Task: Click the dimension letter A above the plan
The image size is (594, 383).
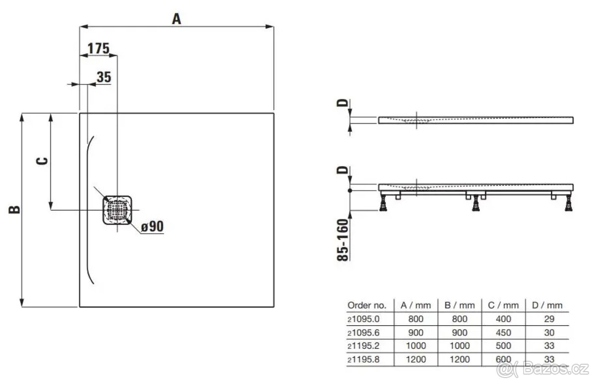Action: (177, 19)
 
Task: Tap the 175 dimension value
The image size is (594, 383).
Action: (99, 48)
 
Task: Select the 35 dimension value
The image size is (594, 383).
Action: (104, 77)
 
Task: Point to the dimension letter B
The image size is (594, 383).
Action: (14, 210)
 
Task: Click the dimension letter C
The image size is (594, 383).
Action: (42, 161)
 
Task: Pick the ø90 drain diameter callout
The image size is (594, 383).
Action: (152, 226)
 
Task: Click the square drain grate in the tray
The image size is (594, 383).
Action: (117, 210)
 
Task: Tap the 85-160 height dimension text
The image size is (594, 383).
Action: (343, 240)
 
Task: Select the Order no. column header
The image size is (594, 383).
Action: (367, 305)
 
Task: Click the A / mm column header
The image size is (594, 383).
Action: (415, 305)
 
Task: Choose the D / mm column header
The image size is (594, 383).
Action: (547, 305)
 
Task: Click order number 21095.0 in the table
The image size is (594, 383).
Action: (363, 319)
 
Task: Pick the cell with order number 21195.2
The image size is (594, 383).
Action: (363, 345)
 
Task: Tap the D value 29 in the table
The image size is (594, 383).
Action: (549, 319)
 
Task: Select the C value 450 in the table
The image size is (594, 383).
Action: (503, 333)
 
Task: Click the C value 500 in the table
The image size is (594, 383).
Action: (503, 345)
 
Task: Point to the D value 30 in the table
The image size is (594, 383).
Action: (549, 333)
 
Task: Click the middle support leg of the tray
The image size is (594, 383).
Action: (476, 203)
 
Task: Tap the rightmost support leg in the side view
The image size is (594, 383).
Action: (569, 203)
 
